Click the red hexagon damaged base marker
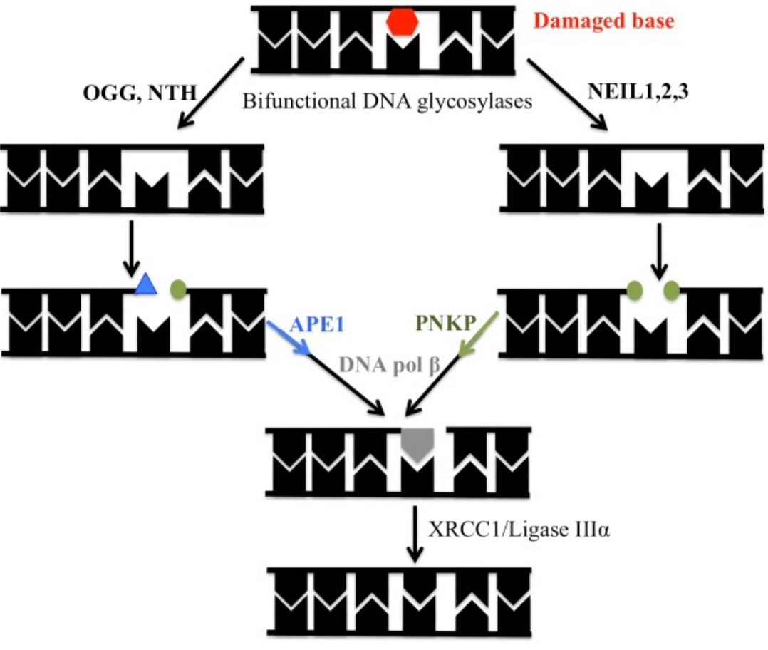coord(402,22)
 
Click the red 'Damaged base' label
coord(603,21)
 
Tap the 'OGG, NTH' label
coord(140,93)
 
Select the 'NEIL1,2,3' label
coord(638,91)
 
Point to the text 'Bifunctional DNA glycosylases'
coord(387,101)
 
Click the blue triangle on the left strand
coord(146,284)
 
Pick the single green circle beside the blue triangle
coord(178,289)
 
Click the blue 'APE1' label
coord(317,324)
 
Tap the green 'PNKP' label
coord(446,323)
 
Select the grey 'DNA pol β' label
coord(390,366)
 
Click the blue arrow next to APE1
coord(288,337)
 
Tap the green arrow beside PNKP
coord(479,334)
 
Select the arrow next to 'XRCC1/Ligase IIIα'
coord(415,534)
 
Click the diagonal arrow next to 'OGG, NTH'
coord(211,93)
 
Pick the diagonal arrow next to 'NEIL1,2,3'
coord(567,95)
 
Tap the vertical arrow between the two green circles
coord(659,252)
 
